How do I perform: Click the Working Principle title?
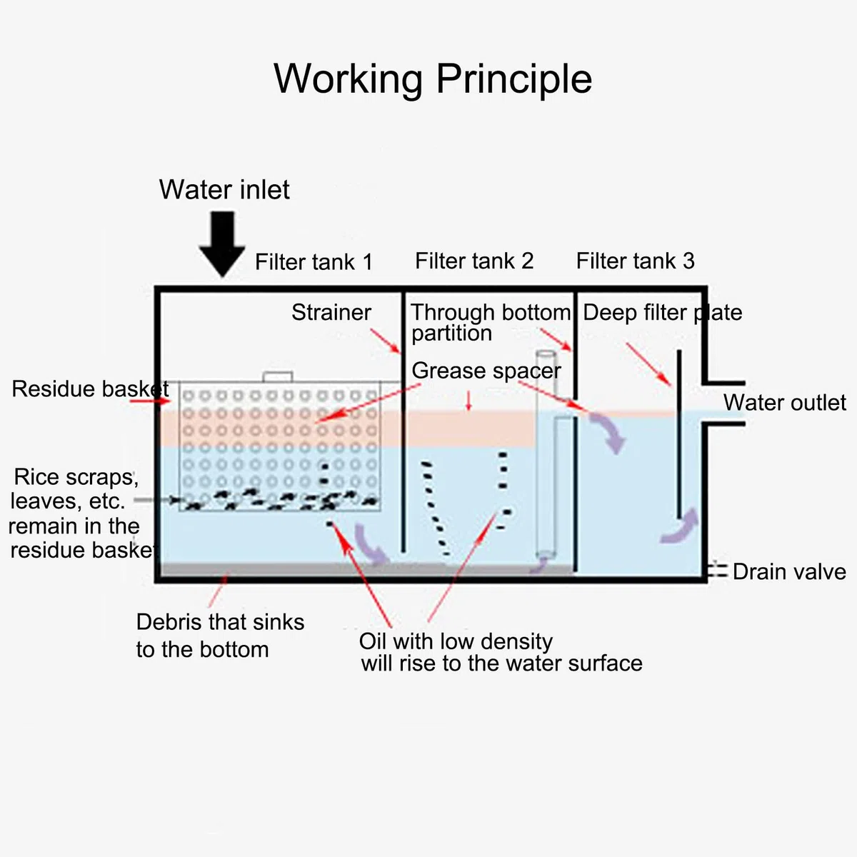432,79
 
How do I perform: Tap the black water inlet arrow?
222,244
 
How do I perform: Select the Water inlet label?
224,189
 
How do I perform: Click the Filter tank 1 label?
314,261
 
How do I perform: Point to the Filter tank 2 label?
474,261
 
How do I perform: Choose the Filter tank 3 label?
635,261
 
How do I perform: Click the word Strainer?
331,312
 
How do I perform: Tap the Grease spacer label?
486,371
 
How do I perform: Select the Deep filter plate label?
662,313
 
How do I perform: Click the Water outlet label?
784,403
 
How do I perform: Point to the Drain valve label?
789,572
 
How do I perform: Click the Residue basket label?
90,389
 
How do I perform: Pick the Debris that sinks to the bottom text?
220,636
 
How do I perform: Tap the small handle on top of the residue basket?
278,376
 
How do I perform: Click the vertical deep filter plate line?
679,434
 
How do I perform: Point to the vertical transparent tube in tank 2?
546,454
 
